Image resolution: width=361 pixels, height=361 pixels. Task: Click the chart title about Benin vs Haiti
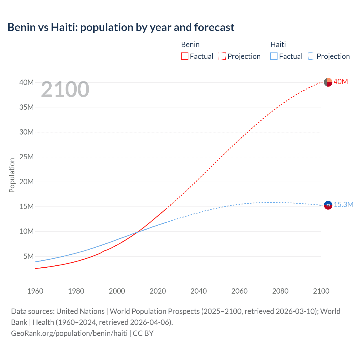pyautogui.click(x=121, y=27)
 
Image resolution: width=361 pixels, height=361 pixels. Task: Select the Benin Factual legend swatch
pyautogui.click(x=184, y=56)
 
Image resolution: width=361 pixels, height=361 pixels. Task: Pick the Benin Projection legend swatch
pyautogui.click(x=222, y=56)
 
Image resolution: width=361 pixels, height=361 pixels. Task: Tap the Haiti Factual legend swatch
pyautogui.click(x=274, y=56)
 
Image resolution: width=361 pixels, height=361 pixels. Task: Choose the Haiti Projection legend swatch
pyautogui.click(x=311, y=56)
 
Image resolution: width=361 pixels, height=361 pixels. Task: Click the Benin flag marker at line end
pyautogui.click(x=328, y=82)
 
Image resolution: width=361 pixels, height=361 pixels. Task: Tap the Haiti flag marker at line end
pyautogui.click(x=328, y=205)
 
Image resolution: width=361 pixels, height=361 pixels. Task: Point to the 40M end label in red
pyautogui.click(x=341, y=82)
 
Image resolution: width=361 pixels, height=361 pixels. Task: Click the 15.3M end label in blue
pyautogui.click(x=344, y=204)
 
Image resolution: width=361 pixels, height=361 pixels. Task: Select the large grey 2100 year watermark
pyautogui.click(x=65, y=89)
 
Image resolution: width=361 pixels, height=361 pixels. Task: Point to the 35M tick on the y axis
pyautogui.click(x=27, y=107)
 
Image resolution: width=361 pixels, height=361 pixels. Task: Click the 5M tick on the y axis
pyautogui.click(x=28, y=256)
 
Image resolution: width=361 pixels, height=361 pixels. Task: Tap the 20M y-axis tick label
pyautogui.click(x=27, y=182)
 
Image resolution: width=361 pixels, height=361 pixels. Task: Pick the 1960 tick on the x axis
pyautogui.click(x=35, y=291)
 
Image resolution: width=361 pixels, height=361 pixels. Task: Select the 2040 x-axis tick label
pyautogui.click(x=199, y=291)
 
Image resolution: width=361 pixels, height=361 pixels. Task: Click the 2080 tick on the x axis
pyautogui.click(x=280, y=291)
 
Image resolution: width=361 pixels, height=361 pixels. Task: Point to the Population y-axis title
pyautogui.click(x=12, y=175)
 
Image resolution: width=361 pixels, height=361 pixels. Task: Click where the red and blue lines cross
pyautogui.click(x=137, y=232)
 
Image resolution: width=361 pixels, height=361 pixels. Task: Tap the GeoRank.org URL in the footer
pyautogui.click(x=69, y=333)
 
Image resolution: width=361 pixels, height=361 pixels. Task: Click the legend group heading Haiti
pyautogui.click(x=278, y=45)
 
